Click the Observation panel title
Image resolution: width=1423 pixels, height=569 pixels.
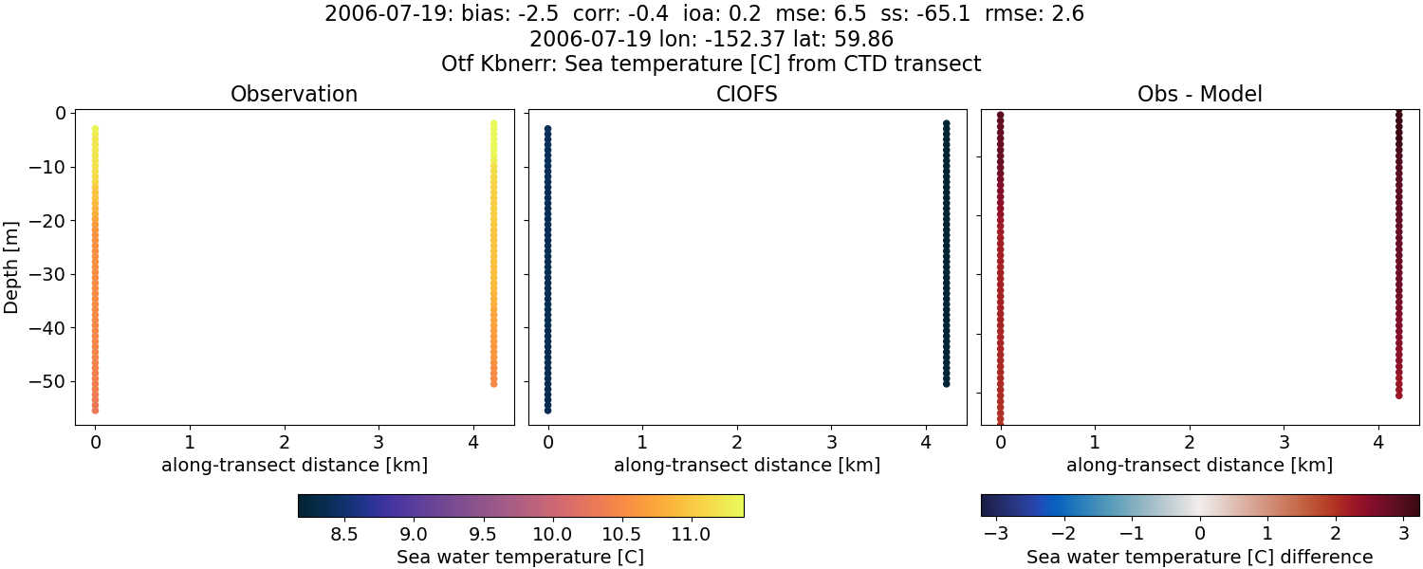pos(294,95)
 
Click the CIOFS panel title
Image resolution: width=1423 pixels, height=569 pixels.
pos(747,95)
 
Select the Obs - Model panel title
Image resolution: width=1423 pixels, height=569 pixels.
pos(1199,95)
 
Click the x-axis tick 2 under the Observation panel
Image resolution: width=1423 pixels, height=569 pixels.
pos(285,442)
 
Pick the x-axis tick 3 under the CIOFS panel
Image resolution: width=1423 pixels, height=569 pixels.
pos(831,442)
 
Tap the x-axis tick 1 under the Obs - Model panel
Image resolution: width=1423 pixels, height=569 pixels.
pos(1095,442)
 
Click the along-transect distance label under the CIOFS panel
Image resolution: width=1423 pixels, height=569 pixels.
pos(747,466)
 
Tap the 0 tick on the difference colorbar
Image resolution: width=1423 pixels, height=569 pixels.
pos(1200,535)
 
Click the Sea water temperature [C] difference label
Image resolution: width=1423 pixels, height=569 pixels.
pos(1199,558)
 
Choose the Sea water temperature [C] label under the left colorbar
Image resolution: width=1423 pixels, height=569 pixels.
pos(520,558)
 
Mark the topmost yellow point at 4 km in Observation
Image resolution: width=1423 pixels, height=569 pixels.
pos(493,123)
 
